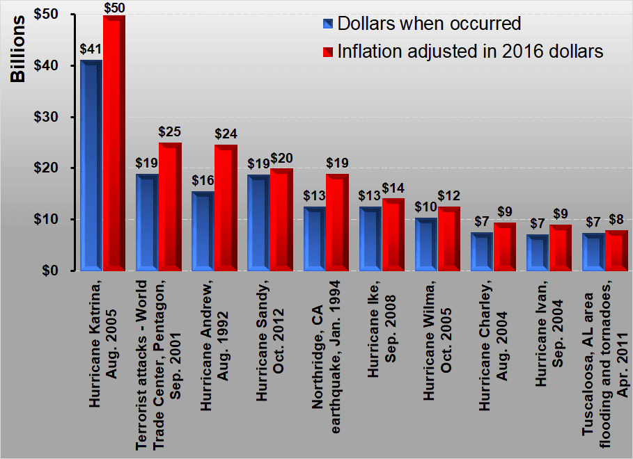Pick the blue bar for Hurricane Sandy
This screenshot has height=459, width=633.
[258, 223]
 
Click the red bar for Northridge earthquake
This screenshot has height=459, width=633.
[337, 222]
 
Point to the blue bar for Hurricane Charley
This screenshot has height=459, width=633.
[481, 251]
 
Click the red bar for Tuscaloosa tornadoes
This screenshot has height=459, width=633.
[616, 250]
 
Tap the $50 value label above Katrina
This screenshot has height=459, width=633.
[114, 7]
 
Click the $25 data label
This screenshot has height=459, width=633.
[170, 131]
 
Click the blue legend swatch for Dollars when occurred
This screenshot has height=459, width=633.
[328, 24]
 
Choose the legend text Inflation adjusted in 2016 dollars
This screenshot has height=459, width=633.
[470, 51]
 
